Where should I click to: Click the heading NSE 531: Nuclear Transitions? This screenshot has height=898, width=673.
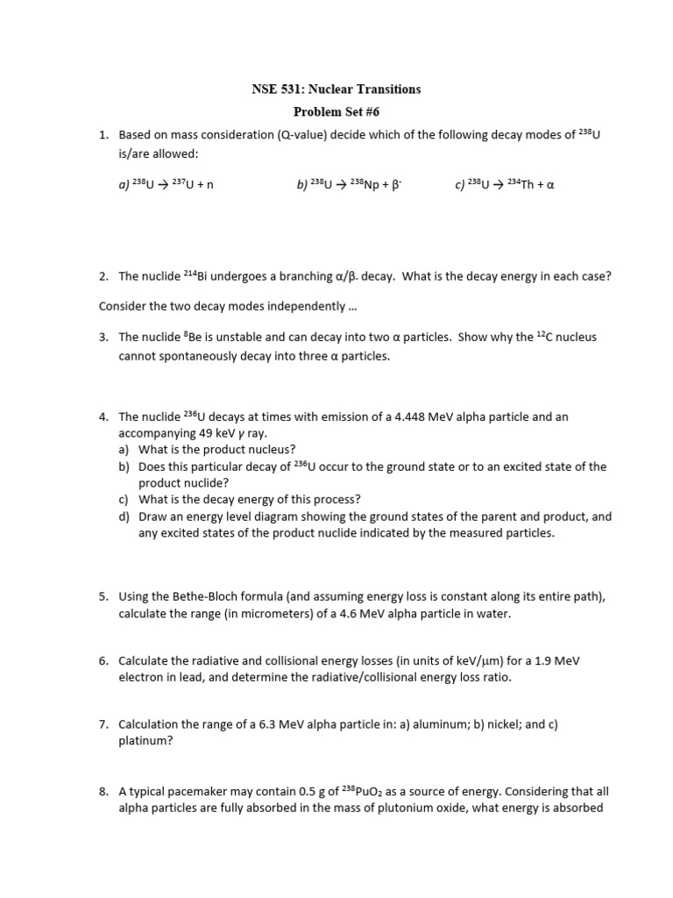(x=336, y=89)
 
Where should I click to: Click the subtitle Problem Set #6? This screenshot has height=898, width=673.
(x=336, y=111)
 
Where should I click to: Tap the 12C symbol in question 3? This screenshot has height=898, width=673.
(x=547, y=337)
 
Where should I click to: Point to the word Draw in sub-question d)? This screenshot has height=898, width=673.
(x=153, y=517)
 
